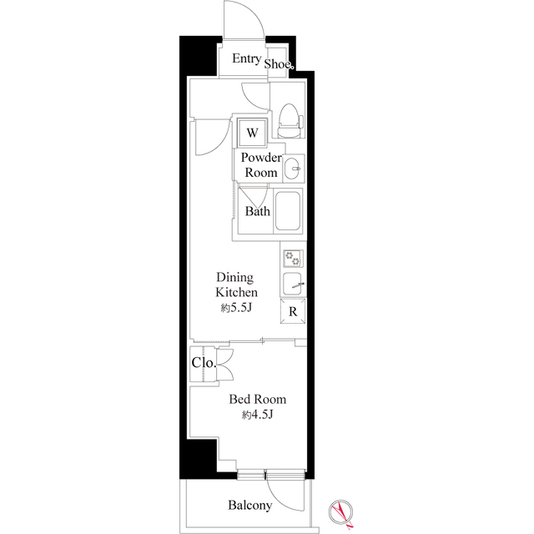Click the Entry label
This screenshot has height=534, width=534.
click(x=247, y=59)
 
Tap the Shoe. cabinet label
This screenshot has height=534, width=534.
click(x=279, y=63)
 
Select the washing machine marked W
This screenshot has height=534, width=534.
click(x=252, y=133)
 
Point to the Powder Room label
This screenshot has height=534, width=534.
click(x=261, y=165)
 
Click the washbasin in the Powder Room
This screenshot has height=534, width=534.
click(x=293, y=169)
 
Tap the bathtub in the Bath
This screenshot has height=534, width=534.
click(x=288, y=211)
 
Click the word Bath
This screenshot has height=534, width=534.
click(x=258, y=211)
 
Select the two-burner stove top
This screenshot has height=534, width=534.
click(x=293, y=258)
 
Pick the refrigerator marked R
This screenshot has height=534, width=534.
click(x=293, y=311)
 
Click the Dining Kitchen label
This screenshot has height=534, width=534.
click(x=236, y=285)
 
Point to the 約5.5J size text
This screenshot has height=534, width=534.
click(x=236, y=308)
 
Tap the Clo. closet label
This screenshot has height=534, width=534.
click(x=204, y=363)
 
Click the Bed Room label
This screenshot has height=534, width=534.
click(x=258, y=399)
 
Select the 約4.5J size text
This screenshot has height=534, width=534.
click(x=258, y=415)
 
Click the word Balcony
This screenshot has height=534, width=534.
click(x=250, y=505)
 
